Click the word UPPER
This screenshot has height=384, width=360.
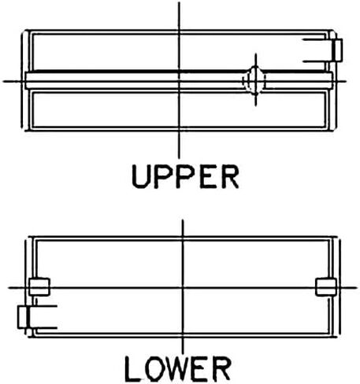pyautogui.click(x=185, y=176)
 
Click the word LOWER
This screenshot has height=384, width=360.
pyautogui.click(x=178, y=369)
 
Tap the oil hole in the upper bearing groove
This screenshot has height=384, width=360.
pyautogui.click(x=254, y=80)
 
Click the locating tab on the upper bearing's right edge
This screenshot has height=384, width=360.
pyautogui.click(x=336, y=50)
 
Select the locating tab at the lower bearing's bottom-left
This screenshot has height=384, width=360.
pyautogui.click(x=23, y=317)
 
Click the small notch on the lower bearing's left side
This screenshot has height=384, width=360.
pyautogui.click(x=39, y=287)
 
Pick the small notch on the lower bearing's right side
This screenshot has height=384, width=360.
pyautogui.click(x=326, y=287)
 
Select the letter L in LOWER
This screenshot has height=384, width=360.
pyautogui.click(x=132, y=369)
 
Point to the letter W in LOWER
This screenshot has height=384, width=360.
pyautogui.click(x=179, y=369)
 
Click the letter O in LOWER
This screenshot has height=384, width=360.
pyautogui.click(x=154, y=369)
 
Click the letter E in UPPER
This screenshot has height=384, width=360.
pyautogui.click(x=209, y=176)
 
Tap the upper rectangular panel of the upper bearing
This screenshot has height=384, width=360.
pyautogui.click(x=179, y=52)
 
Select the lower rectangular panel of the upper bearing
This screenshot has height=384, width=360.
pyautogui.click(x=179, y=109)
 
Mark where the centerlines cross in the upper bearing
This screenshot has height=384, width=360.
pyautogui.click(x=179, y=81)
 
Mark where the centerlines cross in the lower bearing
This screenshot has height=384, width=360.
pyautogui.click(x=183, y=287)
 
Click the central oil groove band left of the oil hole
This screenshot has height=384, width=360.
pyautogui.click(x=134, y=80)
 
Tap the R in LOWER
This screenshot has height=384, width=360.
pyautogui.click(x=221, y=369)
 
